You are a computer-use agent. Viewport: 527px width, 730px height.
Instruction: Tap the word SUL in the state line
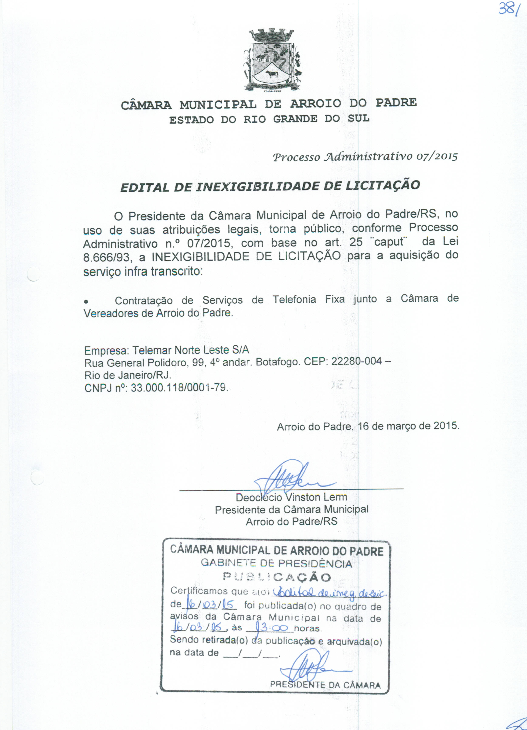pyautogui.click(x=358, y=119)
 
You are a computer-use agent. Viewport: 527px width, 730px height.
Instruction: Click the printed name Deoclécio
pyautogui.click(x=258, y=497)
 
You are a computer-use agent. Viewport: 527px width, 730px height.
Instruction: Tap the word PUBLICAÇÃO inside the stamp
pyautogui.click(x=277, y=577)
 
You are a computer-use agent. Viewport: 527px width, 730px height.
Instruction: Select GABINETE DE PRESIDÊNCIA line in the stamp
pyautogui.click(x=276, y=563)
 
